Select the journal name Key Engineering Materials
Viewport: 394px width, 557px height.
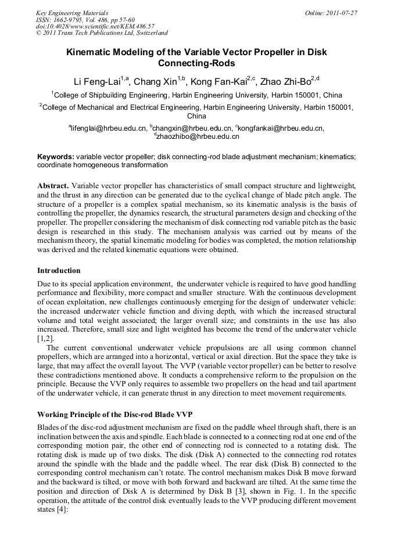[x=72, y=12]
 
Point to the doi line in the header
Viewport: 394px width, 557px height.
[x=95, y=26]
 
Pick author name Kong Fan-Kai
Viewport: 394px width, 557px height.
[x=219, y=81]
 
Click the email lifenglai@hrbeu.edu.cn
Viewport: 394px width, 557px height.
[x=108, y=128]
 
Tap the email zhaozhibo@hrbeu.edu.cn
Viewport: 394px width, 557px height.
[x=198, y=136]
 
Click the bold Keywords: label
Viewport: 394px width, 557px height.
[x=56, y=157]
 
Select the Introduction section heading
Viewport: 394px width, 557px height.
[x=59, y=271]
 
